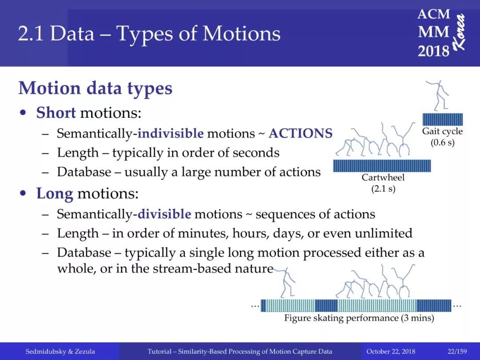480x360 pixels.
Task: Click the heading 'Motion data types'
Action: [95, 88]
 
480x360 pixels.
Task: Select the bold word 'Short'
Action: [56, 112]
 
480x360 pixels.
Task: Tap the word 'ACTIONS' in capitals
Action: [300, 133]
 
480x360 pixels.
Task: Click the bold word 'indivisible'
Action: [171, 133]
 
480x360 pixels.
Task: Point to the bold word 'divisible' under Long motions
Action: [164, 214]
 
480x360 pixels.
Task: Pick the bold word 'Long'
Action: [55, 194]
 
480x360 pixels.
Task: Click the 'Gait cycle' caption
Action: [442, 131]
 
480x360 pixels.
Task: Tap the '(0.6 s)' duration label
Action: [443, 143]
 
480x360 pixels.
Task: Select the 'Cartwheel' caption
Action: [383, 177]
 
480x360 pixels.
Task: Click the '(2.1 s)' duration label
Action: [383, 189]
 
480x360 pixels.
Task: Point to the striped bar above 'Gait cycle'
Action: [443, 119]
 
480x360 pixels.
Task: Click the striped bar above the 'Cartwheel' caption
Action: [382, 166]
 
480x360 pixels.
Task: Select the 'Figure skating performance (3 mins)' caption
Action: [359, 318]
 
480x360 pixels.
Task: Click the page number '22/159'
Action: [457, 352]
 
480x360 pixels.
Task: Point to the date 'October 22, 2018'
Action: [391, 352]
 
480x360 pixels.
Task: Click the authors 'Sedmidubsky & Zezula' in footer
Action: [60, 352]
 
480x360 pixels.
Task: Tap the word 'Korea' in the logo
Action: [459, 32]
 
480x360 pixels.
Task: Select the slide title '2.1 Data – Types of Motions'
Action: [149, 33]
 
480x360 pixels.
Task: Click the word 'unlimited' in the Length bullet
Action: [383, 233]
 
